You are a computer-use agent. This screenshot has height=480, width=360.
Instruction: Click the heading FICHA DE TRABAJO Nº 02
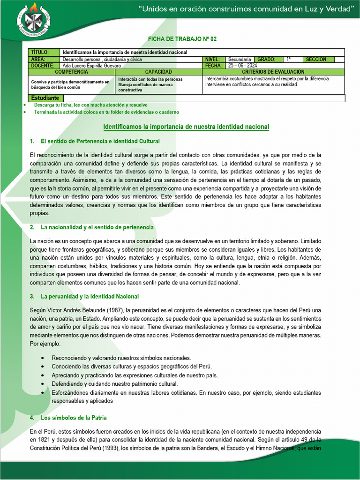(182, 39)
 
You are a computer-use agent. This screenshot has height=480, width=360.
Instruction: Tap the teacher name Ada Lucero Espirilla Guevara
(92, 66)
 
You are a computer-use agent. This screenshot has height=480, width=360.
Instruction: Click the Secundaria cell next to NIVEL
(240, 60)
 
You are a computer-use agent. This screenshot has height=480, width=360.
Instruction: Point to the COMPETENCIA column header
(71, 72)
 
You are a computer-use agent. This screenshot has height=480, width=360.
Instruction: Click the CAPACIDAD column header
(158, 72)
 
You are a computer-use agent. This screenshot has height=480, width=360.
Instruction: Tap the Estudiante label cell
(45, 98)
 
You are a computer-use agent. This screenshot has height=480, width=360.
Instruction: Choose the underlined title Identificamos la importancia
(186, 127)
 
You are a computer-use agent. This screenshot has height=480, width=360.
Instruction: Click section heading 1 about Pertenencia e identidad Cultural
(100, 141)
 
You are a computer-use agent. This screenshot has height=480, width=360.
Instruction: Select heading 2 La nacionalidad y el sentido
(97, 227)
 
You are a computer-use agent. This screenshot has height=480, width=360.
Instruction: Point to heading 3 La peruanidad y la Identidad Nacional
(90, 297)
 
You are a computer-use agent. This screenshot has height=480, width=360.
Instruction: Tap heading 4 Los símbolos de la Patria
(74, 417)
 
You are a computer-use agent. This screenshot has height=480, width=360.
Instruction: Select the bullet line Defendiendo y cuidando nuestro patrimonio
(114, 383)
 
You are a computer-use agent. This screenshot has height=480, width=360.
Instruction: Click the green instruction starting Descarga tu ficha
(90, 105)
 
